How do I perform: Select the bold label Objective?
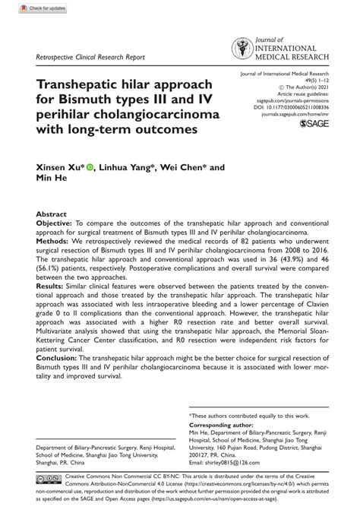coord(58,225)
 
